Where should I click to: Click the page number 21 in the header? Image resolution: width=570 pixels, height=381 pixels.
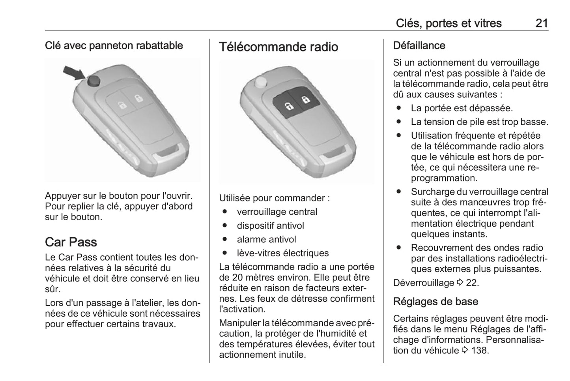[542, 23]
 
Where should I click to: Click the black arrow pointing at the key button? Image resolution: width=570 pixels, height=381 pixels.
[74, 73]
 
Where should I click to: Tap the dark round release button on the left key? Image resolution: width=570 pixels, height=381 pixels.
[93, 81]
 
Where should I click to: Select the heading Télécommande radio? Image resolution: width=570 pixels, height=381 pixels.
[278, 47]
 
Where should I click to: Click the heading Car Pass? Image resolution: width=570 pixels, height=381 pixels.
[71, 242]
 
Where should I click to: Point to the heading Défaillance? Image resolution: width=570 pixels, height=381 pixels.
[419, 45]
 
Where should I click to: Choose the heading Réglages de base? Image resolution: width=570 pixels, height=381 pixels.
[435, 302]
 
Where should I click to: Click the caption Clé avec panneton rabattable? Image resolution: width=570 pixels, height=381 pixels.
[114, 45]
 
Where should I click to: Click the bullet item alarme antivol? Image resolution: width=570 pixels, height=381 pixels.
[266, 239]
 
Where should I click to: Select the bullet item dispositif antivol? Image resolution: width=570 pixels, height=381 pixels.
[270, 225]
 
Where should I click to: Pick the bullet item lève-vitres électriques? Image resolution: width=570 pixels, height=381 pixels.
[282, 253]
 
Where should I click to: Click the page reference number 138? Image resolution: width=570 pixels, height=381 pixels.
[480, 351]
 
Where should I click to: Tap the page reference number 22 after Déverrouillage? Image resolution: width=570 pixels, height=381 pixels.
[472, 283]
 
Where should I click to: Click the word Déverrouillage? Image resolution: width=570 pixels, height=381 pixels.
[423, 283]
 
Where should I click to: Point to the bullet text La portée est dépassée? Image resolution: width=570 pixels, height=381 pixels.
[462, 108]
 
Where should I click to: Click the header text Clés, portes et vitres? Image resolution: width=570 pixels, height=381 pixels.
[449, 23]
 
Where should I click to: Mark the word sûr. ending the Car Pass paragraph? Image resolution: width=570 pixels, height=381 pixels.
[52, 289]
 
